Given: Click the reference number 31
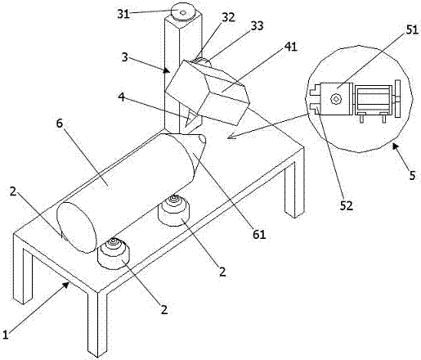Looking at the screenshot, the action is (x=123, y=14).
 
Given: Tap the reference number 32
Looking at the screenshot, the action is (x=228, y=17).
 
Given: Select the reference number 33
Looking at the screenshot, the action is (x=258, y=25).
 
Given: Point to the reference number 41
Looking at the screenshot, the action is (x=290, y=47).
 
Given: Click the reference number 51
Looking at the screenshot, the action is (x=412, y=29).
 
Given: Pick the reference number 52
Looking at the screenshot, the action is (x=347, y=205).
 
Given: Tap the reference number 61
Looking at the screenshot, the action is (x=259, y=234).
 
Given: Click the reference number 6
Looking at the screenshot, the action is (x=60, y=124).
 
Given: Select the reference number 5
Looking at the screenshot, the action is (x=412, y=175).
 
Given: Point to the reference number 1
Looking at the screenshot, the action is (x=6, y=335).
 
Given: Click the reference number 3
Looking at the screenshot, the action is (x=124, y=57).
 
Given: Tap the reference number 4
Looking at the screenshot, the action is (x=122, y=97).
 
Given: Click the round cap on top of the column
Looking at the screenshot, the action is (x=183, y=11).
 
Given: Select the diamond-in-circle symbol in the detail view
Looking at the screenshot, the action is (x=336, y=99).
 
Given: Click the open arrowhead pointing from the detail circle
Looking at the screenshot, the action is (x=232, y=136).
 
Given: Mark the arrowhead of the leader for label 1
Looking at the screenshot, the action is (x=66, y=285).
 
